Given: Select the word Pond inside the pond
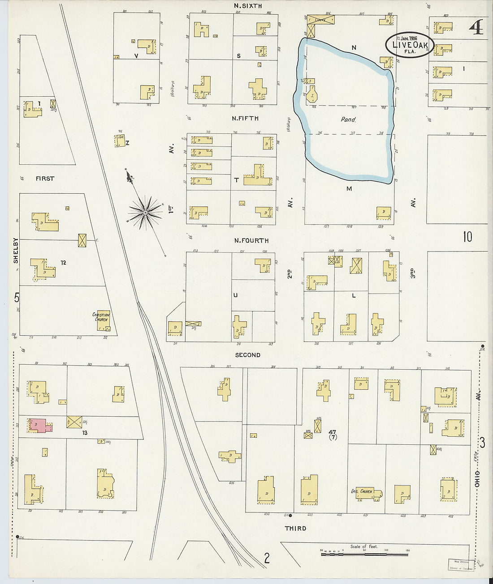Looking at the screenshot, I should point(348,120).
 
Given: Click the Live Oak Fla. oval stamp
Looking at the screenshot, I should point(409,45).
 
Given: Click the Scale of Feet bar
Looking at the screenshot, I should point(364,554).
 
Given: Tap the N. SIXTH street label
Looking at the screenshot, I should point(247,6).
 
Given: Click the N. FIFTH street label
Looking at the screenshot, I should point(245,119).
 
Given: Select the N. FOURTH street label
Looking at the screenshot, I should point(251,241).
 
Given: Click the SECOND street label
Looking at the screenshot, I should point(248,355).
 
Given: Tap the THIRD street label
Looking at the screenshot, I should point(295,529).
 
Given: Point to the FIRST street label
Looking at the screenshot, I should point(45,179).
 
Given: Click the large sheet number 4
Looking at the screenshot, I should point(476,28).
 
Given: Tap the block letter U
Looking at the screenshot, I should point(235,295).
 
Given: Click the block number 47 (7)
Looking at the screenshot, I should point(332,434).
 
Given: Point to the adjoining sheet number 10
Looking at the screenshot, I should point(467,237).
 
